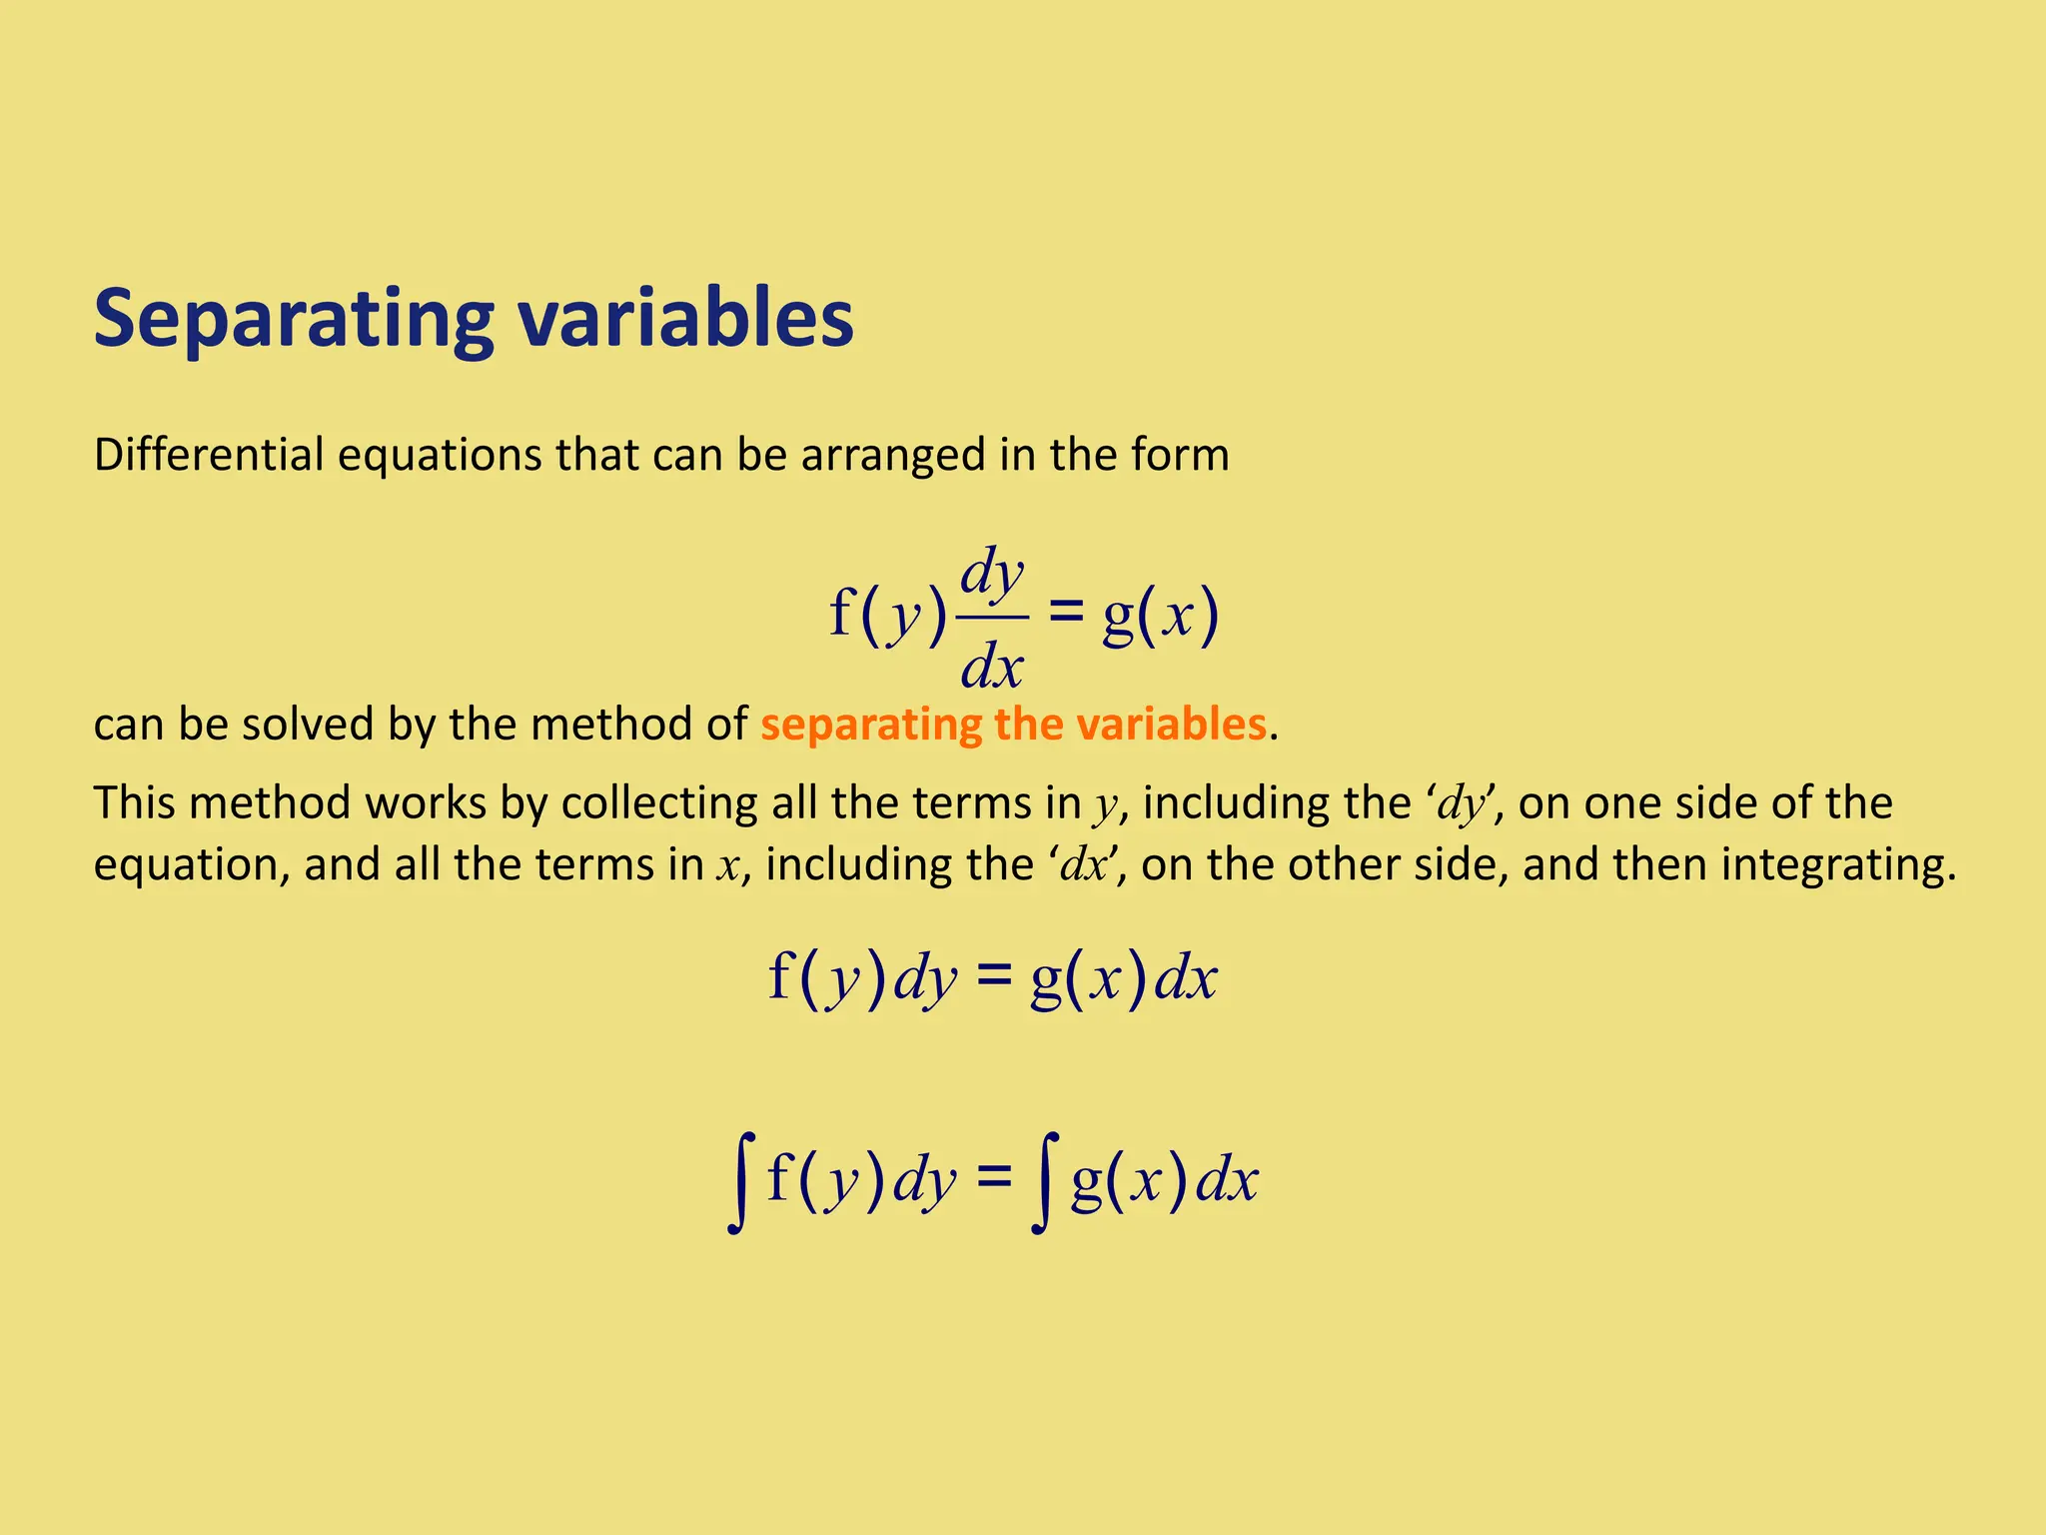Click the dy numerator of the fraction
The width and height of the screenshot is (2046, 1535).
click(992, 575)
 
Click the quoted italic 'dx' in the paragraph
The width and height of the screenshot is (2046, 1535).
click(1084, 865)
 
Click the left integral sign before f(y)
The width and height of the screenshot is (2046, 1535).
click(738, 1182)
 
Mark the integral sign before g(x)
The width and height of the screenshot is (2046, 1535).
click(1041, 1182)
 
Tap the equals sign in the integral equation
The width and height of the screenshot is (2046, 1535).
click(993, 1178)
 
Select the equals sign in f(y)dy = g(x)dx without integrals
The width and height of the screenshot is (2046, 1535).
click(993, 976)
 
